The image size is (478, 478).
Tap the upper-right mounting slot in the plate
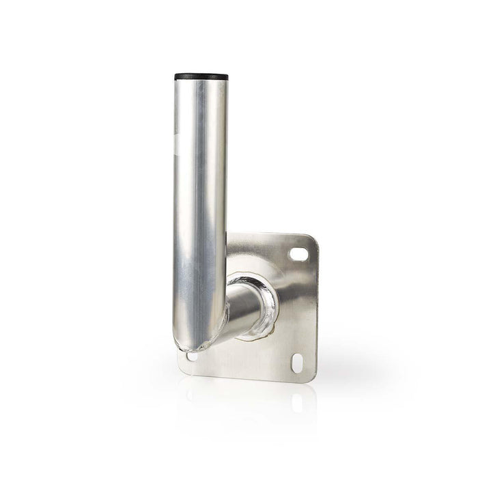tap(299, 254)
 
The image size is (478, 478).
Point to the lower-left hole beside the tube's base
tap(191, 356)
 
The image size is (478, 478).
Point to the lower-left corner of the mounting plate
tap(182, 369)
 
